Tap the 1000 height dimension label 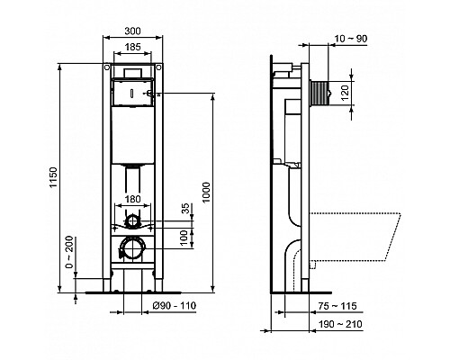point(209,192)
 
